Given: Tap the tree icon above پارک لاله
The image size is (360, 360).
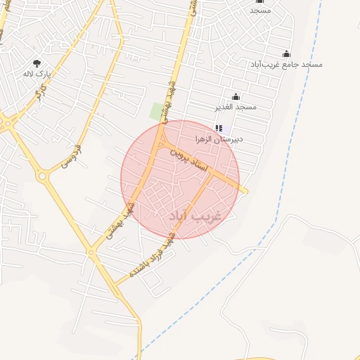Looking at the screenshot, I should (37, 63).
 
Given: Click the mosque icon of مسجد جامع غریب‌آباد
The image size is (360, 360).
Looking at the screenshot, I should (286, 54).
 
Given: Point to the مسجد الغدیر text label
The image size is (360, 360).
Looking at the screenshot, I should (236, 107).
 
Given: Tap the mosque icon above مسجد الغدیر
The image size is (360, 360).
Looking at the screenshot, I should (236, 97).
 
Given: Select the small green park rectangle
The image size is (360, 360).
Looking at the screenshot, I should (156, 111).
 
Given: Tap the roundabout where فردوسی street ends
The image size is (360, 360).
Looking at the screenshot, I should (45, 176).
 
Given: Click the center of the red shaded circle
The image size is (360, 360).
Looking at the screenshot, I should (180, 179).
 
